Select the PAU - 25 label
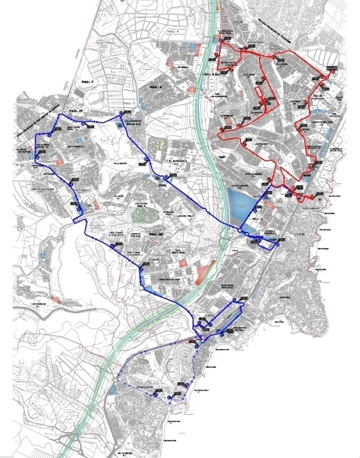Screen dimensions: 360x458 (154, 234)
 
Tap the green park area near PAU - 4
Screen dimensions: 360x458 (142, 212)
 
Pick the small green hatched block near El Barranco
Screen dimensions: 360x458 (157, 146)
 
